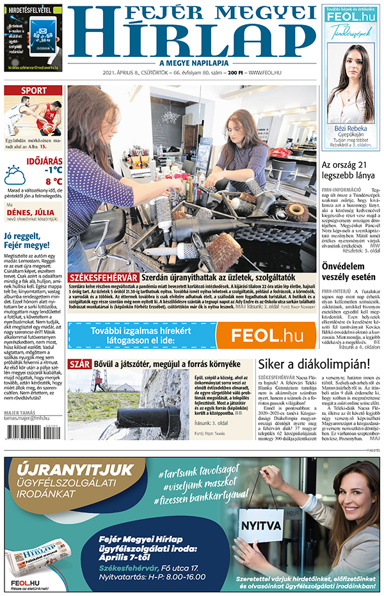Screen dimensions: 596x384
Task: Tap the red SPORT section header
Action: point(33,91)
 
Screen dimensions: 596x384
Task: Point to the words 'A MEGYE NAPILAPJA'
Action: point(192,63)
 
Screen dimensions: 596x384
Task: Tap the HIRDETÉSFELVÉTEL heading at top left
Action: point(32,10)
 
